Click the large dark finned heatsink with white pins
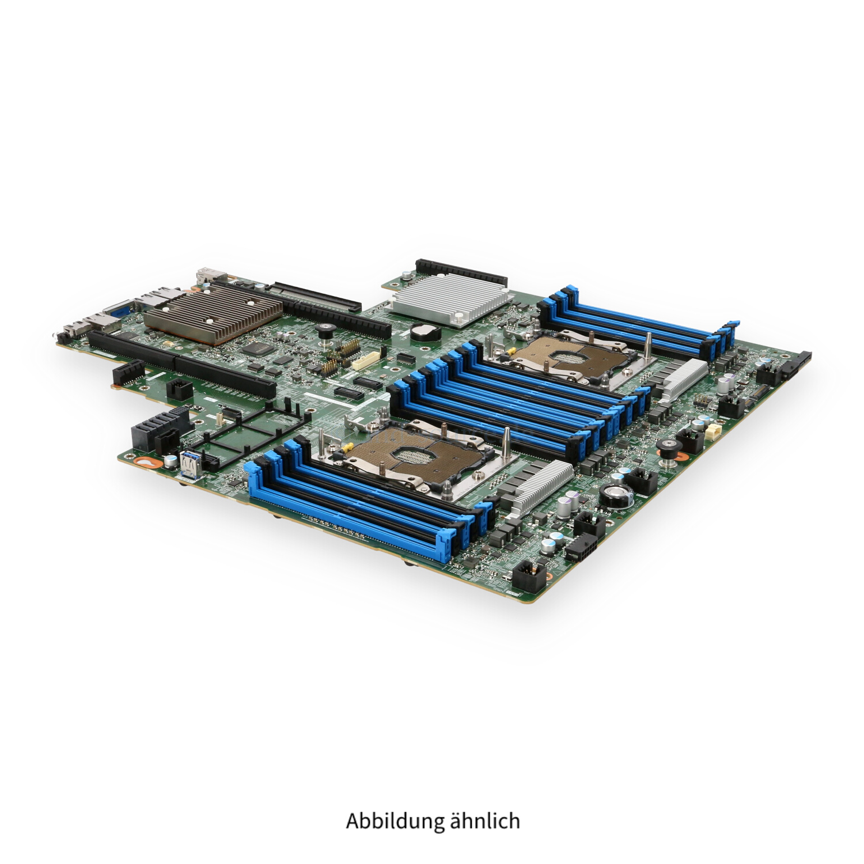pos(212,312)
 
